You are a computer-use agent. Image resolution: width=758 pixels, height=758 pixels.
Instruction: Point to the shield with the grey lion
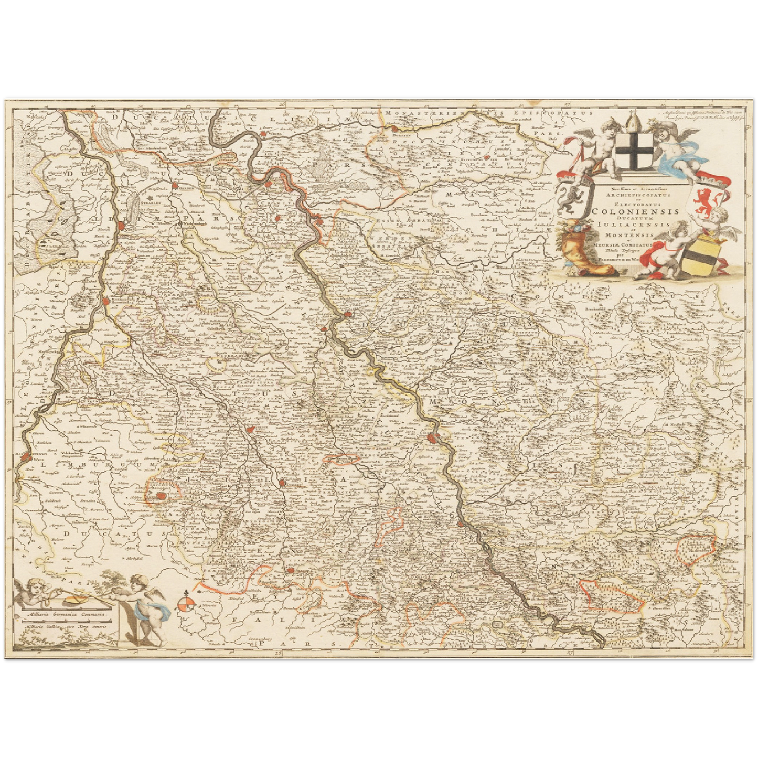(x=571, y=200)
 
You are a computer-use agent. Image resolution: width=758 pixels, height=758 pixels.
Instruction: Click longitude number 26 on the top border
(x=283, y=105)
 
